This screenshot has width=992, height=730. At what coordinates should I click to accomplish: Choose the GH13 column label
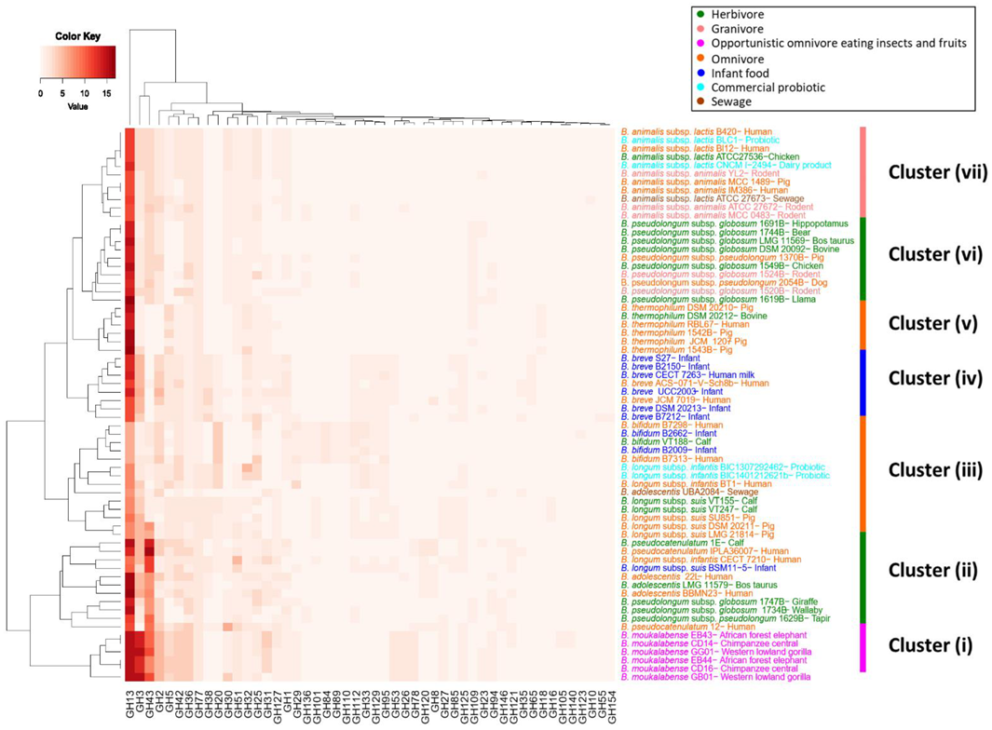click(129, 703)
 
